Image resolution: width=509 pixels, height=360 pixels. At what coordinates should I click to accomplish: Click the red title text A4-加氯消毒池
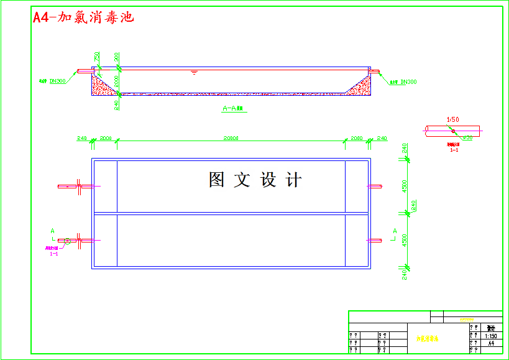(x=83, y=17)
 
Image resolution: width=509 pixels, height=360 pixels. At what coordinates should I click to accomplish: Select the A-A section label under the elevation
(x=234, y=108)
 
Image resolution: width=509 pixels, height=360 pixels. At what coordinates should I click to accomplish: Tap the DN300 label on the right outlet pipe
(x=408, y=82)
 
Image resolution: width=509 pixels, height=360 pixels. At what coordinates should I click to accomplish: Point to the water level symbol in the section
(x=195, y=73)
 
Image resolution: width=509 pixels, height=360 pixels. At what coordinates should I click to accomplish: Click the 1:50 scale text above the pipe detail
(x=453, y=119)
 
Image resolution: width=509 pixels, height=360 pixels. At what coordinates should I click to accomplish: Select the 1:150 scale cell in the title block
(x=490, y=335)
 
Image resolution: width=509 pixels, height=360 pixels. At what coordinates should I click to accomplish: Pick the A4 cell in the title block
(x=490, y=343)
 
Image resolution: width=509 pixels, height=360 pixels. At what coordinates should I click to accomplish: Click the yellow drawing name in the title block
(x=427, y=339)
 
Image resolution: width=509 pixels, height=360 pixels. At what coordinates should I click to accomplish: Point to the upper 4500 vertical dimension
(x=405, y=186)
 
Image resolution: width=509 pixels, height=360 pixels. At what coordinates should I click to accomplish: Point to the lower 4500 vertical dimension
(x=405, y=240)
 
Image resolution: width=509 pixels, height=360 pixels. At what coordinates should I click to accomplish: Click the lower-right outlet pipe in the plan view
(x=374, y=240)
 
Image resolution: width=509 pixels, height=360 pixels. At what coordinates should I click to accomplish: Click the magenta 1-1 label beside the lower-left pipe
(x=54, y=254)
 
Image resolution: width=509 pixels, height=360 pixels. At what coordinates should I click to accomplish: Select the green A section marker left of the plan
(x=52, y=231)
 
